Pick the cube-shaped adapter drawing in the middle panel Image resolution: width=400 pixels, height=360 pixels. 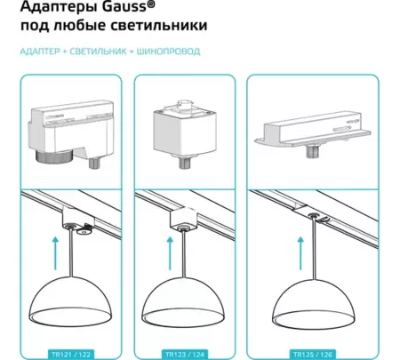[x=184, y=124]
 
